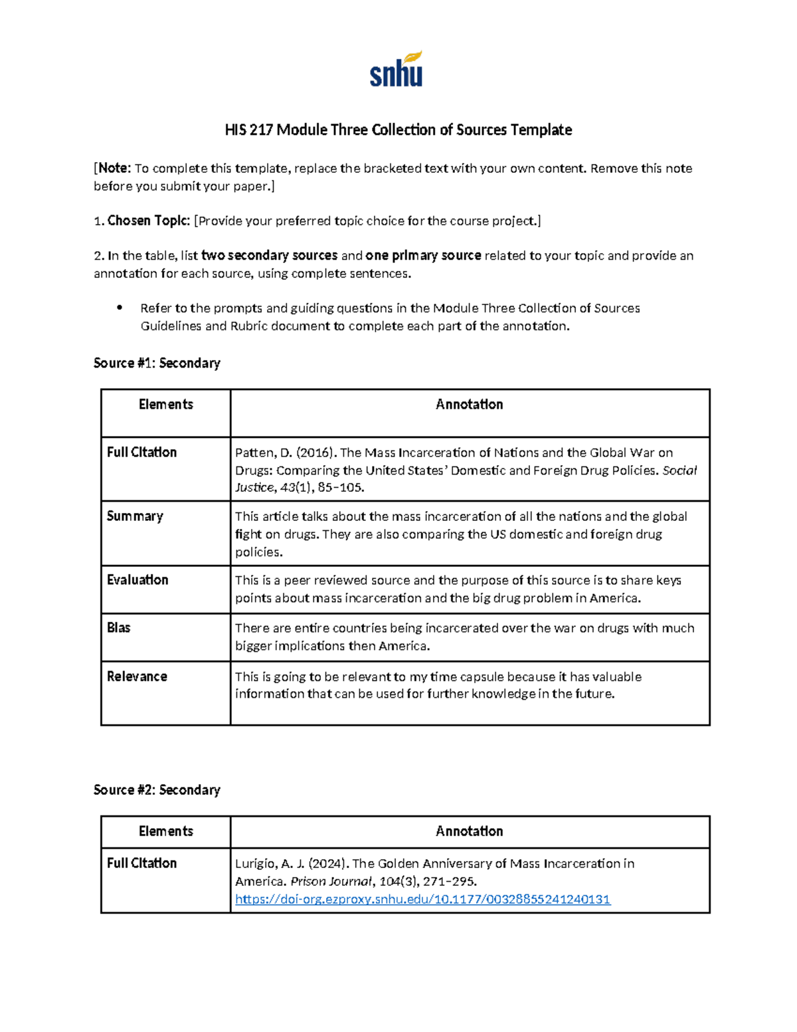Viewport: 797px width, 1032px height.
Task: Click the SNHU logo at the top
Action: [x=397, y=70]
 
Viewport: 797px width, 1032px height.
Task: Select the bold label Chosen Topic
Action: [x=149, y=221]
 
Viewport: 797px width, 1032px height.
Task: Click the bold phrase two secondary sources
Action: [x=269, y=255]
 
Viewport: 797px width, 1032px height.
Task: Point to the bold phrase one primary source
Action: [x=423, y=255]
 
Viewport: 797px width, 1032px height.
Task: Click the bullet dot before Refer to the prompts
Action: [x=120, y=307]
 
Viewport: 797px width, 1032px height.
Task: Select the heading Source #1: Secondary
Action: [x=157, y=363]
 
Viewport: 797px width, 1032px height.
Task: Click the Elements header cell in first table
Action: [x=166, y=404]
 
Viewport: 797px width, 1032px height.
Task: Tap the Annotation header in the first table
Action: [x=469, y=404]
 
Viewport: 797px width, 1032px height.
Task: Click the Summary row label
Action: [x=135, y=516]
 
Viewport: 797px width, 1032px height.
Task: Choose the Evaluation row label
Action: [x=137, y=579]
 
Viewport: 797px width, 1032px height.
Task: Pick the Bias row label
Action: [x=119, y=627]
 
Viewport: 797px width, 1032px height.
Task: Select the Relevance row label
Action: [x=137, y=676]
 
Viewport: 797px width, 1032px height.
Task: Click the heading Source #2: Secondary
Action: [x=157, y=789]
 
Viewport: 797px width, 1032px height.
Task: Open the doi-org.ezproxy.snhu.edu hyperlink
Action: [x=422, y=899]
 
